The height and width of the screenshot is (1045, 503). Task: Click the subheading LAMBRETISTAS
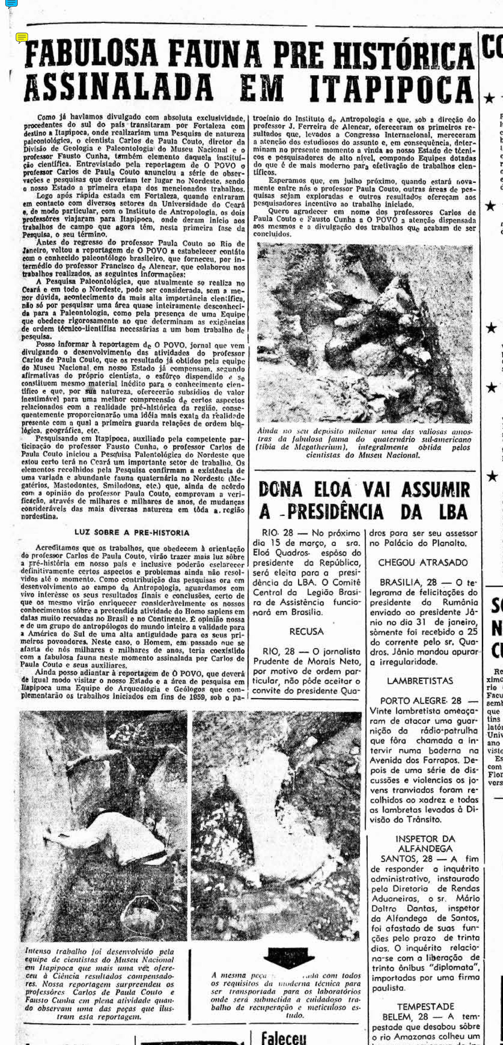point(420,681)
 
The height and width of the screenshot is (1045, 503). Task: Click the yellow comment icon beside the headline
point(22,38)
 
